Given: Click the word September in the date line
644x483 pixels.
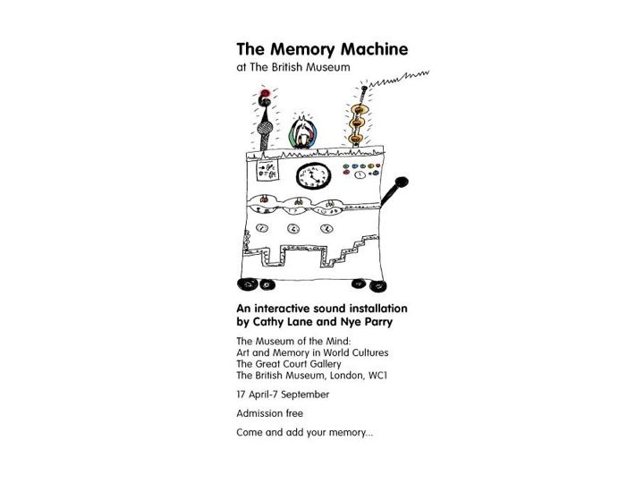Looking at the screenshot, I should (304, 394).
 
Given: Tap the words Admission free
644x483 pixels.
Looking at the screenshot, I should (269, 413).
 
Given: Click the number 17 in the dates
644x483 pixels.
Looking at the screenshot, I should (241, 394).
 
